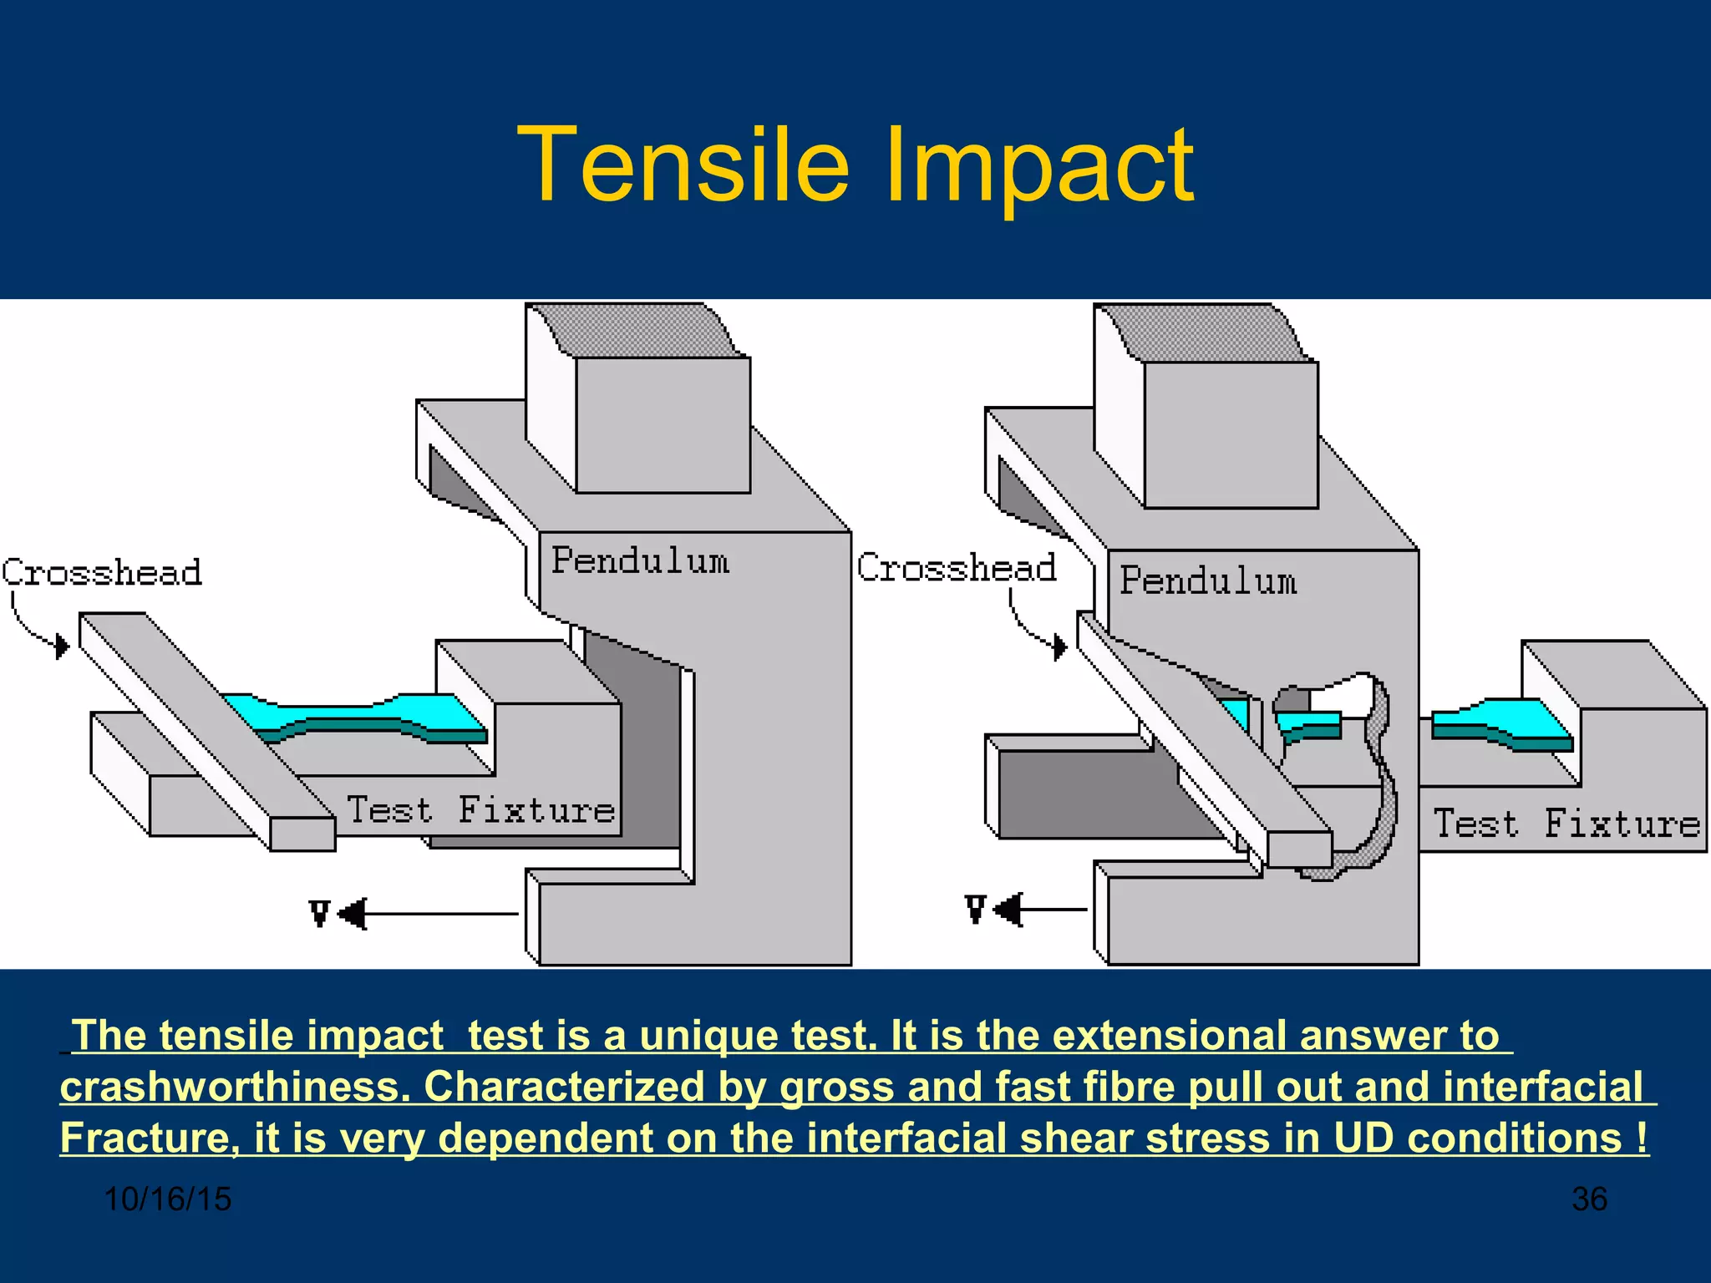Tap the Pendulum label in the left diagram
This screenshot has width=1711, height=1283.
[x=640, y=560]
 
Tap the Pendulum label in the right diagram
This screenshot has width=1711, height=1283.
[x=1208, y=581]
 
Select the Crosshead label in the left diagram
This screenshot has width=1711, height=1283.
[x=102, y=573]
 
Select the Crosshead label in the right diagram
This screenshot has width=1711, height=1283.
[x=957, y=568]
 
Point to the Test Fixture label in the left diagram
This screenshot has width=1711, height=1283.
[x=480, y=810]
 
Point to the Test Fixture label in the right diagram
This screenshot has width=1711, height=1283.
[x=1566, y=824]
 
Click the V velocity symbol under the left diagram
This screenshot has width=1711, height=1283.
[x=319, y=913]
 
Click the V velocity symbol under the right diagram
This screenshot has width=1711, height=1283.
[x=975, y=909]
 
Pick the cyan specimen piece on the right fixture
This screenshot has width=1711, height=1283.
[x=1501, y=723]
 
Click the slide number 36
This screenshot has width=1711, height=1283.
[x=1589, y=1199]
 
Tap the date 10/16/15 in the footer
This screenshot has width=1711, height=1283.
[x=168, y=1199]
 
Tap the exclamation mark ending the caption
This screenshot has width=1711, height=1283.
[x=1642, y=1138]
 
